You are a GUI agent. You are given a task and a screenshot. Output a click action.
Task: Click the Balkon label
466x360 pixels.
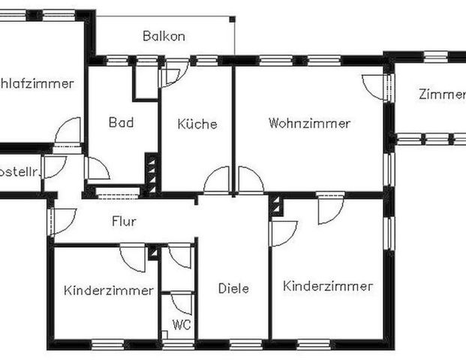point(164,36)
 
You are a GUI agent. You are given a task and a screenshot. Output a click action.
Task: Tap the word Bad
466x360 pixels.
point(121,122)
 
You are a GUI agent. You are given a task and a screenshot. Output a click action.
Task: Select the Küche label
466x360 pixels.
point(197,124)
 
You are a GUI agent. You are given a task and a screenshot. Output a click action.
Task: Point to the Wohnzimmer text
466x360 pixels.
point(309,123)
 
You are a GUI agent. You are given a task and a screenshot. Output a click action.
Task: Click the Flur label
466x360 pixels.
point(124,221)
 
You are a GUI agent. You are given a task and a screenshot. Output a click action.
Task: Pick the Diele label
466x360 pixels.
point(233,288)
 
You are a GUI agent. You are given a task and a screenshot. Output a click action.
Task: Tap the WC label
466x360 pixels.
point(180,325)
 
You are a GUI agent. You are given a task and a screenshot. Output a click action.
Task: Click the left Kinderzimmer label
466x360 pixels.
point(109,290)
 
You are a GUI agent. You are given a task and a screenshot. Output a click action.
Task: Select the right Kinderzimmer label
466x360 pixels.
point(328,286)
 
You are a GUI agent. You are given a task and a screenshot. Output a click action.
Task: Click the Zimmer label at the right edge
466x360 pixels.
point(442,94)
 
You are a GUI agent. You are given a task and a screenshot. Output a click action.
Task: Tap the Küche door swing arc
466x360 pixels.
point(217,181)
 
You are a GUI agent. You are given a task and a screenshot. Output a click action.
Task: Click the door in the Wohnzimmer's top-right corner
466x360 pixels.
point(375,85)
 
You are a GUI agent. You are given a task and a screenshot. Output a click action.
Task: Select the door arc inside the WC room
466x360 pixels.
point(182,303)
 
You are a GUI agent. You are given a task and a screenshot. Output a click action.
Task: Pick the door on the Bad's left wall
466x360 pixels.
point(98,169)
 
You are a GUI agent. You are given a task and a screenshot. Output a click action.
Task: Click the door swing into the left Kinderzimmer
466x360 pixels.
point(134,256)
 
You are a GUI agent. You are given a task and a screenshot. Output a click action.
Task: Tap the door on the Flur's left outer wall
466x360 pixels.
point(62,220)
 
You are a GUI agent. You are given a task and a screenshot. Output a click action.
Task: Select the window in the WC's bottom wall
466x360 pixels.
point(179,344)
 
